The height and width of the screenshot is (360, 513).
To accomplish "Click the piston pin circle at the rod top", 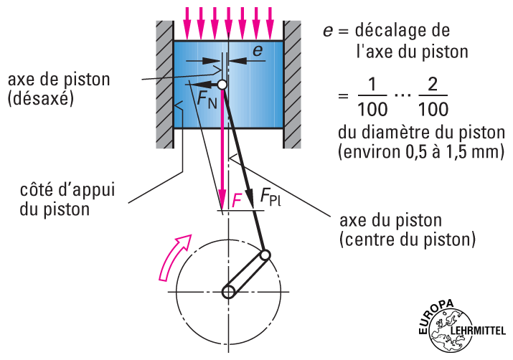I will click(222, 85).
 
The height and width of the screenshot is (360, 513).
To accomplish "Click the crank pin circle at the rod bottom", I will click(265, 255).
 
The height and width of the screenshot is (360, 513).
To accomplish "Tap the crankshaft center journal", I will click(229, 292).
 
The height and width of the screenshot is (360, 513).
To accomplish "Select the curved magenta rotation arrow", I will click(172, 256).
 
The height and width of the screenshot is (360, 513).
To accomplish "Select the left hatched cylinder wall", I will click(165, 84).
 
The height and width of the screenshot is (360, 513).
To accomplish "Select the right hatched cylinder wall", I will click(292, 84).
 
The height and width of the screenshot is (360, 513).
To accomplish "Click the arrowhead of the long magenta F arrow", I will click(223, 203).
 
